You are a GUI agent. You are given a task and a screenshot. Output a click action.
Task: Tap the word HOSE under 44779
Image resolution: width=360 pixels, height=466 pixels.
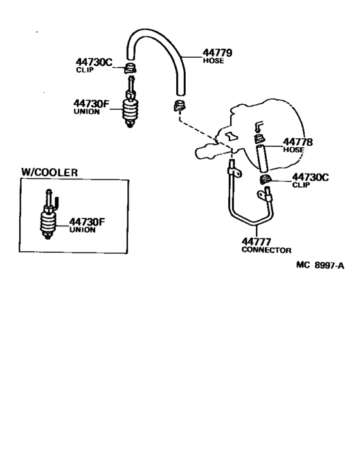[x=213, y=62]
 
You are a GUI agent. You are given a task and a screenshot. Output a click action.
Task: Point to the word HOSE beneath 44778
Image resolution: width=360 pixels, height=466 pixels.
[x=292, y=150]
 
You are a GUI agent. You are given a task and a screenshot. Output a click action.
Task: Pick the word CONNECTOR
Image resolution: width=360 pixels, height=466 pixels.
[x=267, y=250]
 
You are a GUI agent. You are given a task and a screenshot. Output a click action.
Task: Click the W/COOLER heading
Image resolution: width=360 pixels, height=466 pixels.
[x=50, y=172]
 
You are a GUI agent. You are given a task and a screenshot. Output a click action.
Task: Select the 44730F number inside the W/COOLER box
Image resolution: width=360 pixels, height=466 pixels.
[x=87, y=222]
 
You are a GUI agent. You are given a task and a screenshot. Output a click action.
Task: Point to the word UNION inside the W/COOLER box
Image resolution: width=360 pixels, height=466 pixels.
[x=82, y=230]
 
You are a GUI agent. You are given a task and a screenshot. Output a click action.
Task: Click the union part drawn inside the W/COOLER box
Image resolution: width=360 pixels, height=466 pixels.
[x=48, y=219]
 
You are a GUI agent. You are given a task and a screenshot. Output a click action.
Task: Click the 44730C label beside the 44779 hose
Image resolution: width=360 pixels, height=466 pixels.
[x=93, y=62]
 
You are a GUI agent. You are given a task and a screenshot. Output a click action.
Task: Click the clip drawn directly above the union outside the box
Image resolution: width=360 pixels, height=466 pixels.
[x=130, y=67]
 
